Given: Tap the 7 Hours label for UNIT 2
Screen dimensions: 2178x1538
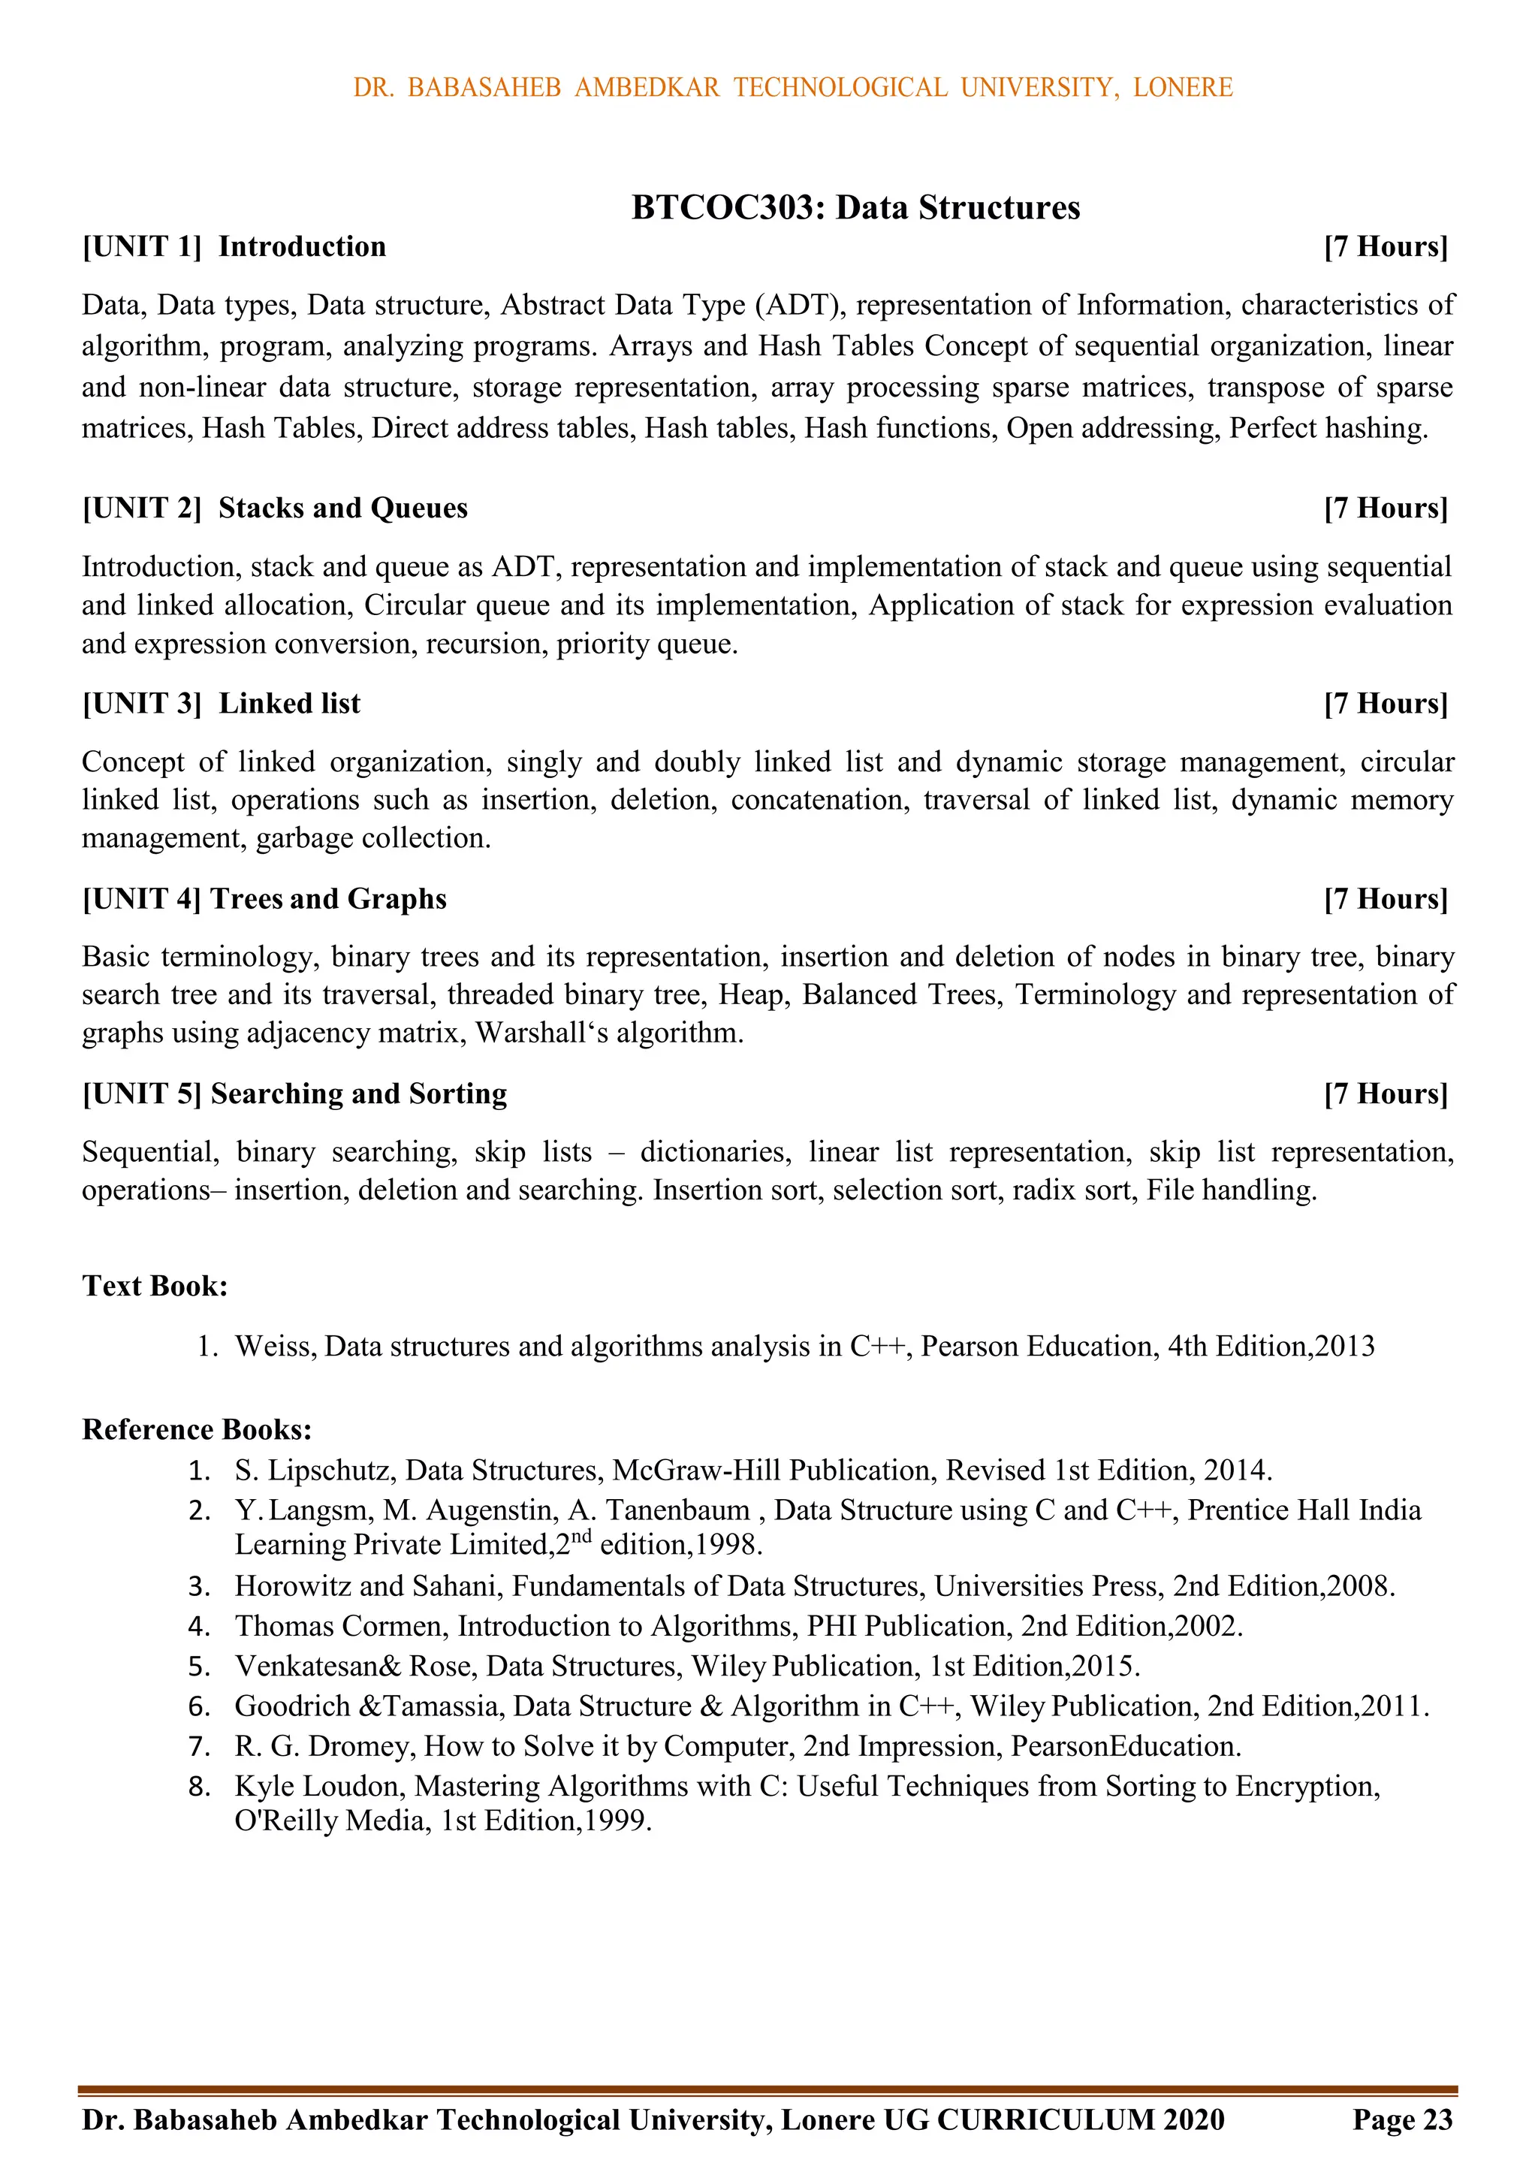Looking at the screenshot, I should (x=1386, y=508).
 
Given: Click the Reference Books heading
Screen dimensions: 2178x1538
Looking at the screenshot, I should (x=197, y=1428).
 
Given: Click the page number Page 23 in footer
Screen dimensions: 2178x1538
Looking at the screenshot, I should (x=1402, y=2119).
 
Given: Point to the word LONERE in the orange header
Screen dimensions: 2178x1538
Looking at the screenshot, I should (x=1182, y=87).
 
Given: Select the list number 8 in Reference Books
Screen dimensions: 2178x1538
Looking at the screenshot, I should (x=198, y=1787).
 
